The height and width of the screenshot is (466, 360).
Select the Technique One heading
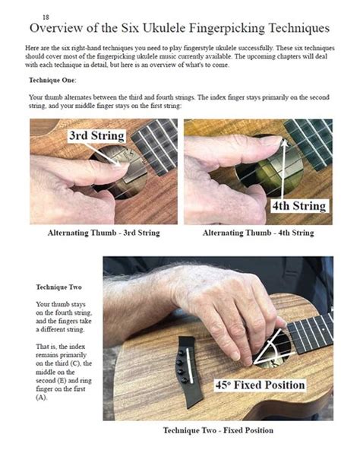(x=52, y=80)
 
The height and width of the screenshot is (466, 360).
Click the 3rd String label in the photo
(x=98, y=136)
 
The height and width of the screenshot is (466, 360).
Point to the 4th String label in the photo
(x=298, y=206)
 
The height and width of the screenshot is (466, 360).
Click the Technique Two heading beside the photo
(x=59, y=287)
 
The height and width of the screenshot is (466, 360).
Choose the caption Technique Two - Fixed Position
(x=218, y=431)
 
